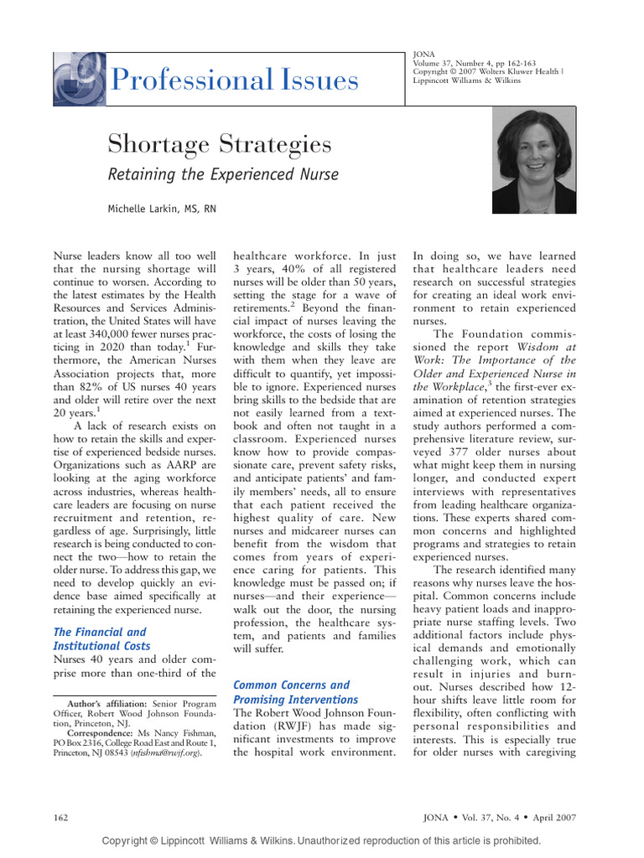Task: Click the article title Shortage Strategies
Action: coord(219,145)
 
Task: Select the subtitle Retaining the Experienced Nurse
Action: coord(223,174)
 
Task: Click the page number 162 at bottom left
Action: coord(60,817)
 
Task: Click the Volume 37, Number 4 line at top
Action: coord(465,62)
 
